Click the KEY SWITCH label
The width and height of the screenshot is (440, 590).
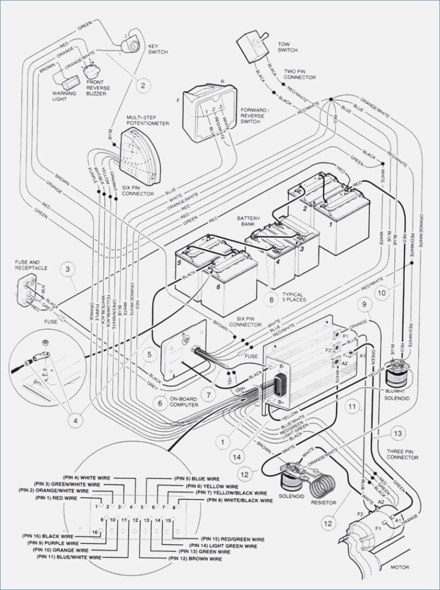click(157, 49)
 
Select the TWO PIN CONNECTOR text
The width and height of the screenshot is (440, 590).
click(299, 74)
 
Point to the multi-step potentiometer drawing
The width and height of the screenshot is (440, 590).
click(140, 154)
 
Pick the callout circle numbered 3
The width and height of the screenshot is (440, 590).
click(68, 268)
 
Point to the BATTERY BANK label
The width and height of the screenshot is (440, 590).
click(249, 222)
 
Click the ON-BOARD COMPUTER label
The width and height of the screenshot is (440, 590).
click(185, 402)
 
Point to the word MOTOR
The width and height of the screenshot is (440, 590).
click(399, 568)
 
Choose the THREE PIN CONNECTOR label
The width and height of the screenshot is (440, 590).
click(403, 454)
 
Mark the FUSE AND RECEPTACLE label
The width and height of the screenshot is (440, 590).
click(31, 266)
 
